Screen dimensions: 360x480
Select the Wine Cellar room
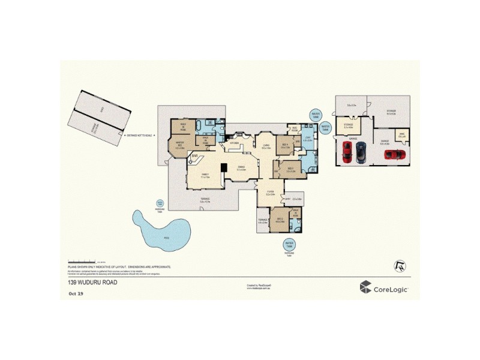coord(401,136)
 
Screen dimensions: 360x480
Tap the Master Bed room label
coord(179,145)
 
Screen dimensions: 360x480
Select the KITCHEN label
coord(235,143)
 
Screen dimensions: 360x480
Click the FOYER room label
coord(270,194)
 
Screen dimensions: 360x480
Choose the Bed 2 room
coord(278,221)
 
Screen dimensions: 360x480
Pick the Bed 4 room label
coord(285,145)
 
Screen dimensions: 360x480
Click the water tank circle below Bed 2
coord(289,245)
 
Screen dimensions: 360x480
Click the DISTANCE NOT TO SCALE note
coord(139,136)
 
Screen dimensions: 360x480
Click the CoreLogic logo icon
coord(365,288)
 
